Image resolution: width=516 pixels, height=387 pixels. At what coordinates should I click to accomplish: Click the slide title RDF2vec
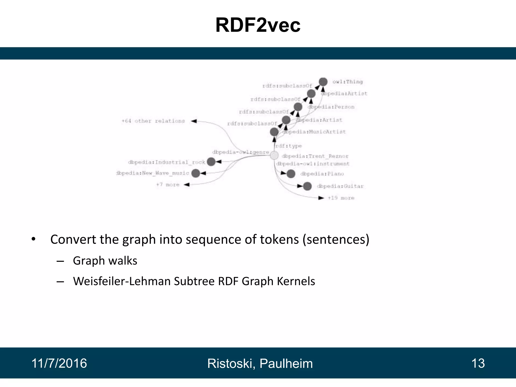[x=258, y=25]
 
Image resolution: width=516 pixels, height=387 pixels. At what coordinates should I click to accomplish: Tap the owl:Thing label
[x=347, y=82]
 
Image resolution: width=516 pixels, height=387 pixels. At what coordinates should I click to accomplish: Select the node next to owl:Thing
[x=323, y=82]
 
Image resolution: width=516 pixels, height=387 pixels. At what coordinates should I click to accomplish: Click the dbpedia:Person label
[x=331, y=107]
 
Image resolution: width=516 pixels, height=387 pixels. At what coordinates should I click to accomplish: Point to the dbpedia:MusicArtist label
[x=314, y=132]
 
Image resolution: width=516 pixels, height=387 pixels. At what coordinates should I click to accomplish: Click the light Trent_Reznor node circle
[x=274, y=155]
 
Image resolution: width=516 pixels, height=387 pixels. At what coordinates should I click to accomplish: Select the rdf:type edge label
[x=288, y=146]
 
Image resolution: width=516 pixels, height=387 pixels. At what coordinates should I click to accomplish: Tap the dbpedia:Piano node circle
[x=291, y=174]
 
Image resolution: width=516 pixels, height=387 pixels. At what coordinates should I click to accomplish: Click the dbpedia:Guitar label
[x=340, y=186]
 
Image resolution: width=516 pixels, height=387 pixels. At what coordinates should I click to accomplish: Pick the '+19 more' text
[x=341, y=198]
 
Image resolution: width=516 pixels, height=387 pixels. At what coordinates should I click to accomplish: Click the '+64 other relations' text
[x=153, y=121]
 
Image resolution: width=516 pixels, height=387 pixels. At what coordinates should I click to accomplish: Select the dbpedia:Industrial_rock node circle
[x=211, y=162]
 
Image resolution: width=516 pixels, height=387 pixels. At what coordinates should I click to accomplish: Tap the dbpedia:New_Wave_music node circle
[x=196, y=173]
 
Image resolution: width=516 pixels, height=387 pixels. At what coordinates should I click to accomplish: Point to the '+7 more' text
[x=168, y=185]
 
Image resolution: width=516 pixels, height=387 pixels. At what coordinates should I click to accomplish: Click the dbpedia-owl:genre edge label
[x=241, y=152]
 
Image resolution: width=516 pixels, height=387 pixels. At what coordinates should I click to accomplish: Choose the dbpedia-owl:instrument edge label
[x=313, y=164]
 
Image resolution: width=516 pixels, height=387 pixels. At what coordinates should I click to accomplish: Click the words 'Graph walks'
[x=105, y=261]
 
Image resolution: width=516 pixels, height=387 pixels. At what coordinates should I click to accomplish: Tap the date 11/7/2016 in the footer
[x=59, y=363]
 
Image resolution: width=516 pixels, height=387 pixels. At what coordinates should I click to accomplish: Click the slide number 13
[x=478, y=363]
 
